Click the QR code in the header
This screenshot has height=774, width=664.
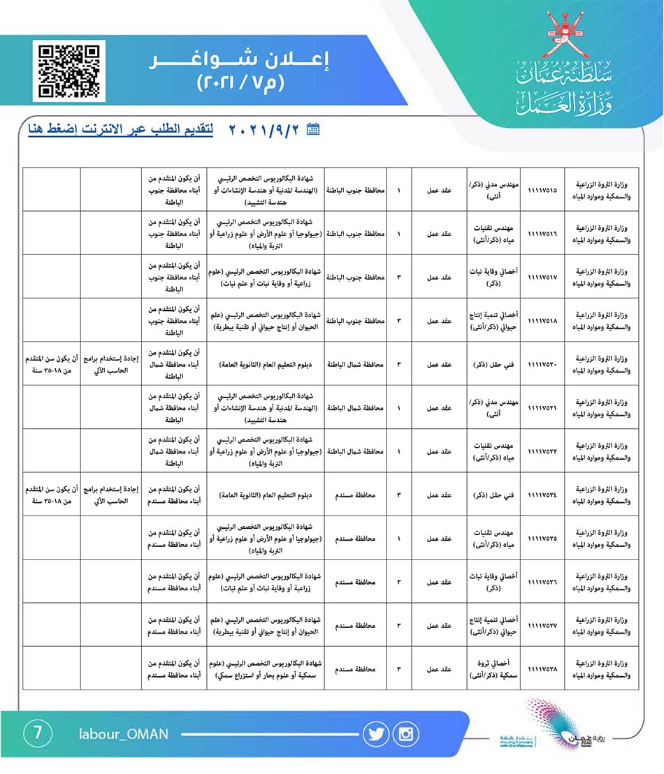tap(68, 71)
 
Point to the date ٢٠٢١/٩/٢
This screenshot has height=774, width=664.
tap(266, 130)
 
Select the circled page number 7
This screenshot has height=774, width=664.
tap(38, 733)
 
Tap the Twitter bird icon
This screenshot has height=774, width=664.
tap(375, 733)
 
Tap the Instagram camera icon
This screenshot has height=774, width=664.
tap(406, 733)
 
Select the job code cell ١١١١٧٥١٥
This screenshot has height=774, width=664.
tap(543, 190)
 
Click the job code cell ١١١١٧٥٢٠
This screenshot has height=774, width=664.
tap(543, 364)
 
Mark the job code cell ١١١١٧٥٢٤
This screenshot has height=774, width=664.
tap(543, 495)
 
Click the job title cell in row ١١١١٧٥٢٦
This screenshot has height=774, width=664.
tap(496, 581)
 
